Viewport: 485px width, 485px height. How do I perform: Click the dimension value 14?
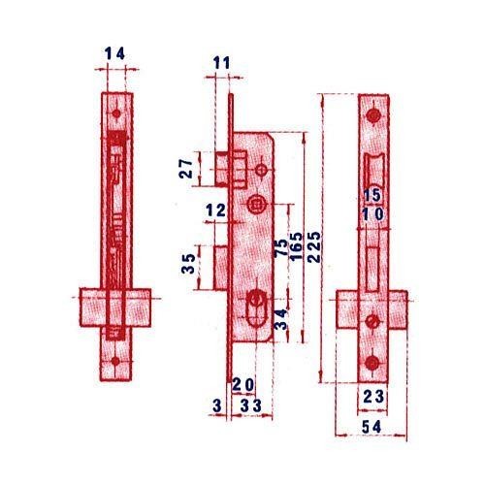pos(114,53)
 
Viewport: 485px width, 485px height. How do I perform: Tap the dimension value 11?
pos(221,63)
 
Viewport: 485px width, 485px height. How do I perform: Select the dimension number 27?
pos(186,169)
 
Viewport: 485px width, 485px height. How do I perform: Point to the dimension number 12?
pos(215,210)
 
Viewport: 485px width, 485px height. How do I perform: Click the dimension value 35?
pos(188,263)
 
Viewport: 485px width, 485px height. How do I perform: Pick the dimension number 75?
pos(280,248)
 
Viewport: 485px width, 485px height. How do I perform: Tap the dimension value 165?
pos(296,246)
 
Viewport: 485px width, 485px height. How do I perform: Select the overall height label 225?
pos(314,246)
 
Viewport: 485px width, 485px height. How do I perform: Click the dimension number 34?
pos(280,319)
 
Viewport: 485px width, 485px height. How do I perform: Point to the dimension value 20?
pos(243,385)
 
